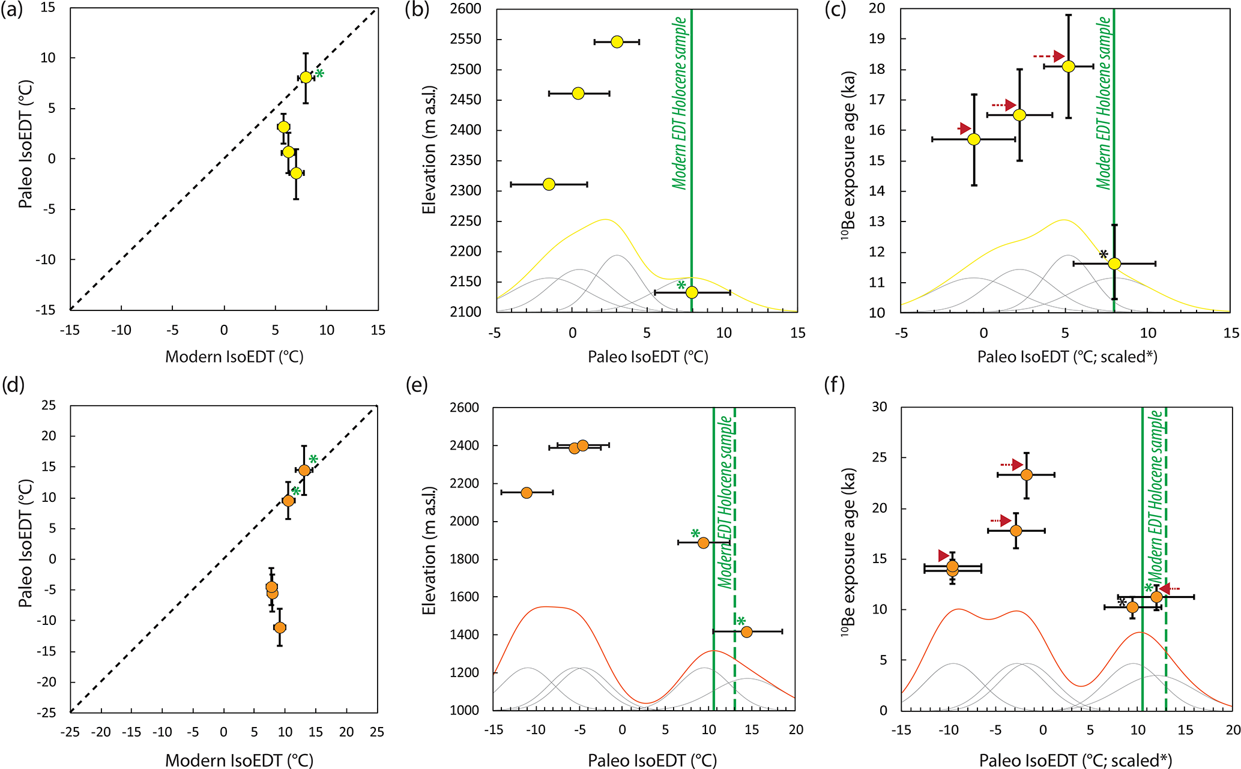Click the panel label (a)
tap(11, 10)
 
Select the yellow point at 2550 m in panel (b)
tap(617, 42)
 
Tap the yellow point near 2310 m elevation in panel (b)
tap(549, 184)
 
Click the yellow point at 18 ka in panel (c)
tap(1068, 66)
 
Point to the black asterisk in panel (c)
tap(1104, 255)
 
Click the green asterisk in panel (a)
tap(320, 74)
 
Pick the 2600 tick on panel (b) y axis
tap(466, 9)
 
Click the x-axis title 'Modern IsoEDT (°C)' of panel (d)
tap(239, 760)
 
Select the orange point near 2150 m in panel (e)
tap(527, 493)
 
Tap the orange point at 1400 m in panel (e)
tap(747, 632)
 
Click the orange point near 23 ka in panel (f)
tap(1027, 475)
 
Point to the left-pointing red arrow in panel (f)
tap(1169, 589)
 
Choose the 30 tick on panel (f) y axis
tap(880, 407)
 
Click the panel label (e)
tap(417, 385)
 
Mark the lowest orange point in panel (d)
tap(280, 627)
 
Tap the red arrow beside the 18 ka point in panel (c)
tap(1048, 56)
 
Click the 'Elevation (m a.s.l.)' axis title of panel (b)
tap(428, 150)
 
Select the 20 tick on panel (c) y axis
tap(877, 9)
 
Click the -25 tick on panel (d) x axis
tap(70, 732)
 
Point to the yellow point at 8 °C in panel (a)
tap(306, 77)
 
